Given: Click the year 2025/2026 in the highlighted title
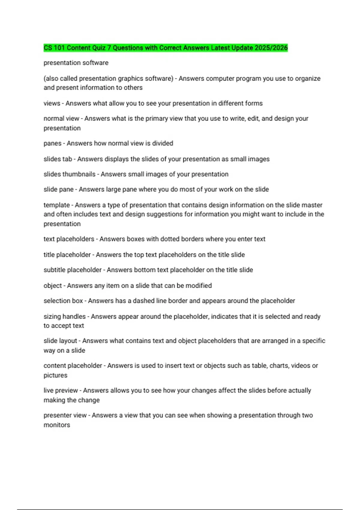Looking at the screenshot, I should [x=271, y=48].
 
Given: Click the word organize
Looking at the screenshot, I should [x=308, y=79].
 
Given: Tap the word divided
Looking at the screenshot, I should [x=163, y=143].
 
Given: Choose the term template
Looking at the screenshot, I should [x=56, y=205].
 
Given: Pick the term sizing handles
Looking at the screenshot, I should [x=64, y=316].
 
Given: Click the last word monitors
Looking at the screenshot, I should [x=57, y=425].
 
